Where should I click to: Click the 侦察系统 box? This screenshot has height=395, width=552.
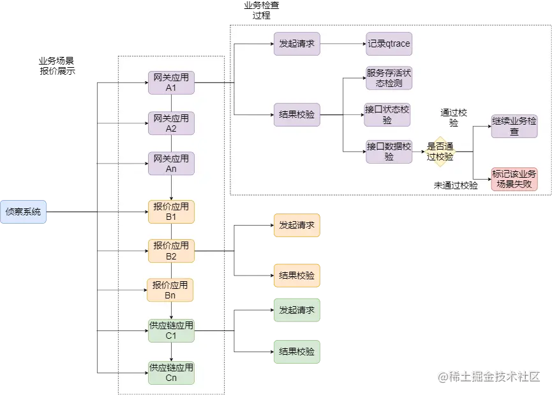[24, 212]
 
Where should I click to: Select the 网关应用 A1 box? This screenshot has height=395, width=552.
[171, 82]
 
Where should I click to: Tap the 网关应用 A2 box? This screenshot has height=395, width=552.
[171, 123]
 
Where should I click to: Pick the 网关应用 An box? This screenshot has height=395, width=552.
[171, 164]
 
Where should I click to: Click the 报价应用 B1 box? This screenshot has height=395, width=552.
[171, 212]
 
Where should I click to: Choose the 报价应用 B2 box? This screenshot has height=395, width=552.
[171, 251]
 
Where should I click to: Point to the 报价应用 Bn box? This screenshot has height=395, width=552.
[171, 290]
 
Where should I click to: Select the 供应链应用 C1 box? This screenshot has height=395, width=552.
[171, 330]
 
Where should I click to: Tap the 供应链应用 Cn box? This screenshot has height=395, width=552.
[171, 373]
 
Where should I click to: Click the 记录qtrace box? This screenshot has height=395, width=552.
[389, 44]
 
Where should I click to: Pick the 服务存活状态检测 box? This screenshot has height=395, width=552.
[389, 79]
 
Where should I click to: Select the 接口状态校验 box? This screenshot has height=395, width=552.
[387, 114]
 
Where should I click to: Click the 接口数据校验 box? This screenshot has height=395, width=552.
[389, 151]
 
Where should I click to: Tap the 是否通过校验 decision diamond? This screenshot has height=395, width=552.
[440, 151]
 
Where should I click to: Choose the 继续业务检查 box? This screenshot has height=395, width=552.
[514, 126]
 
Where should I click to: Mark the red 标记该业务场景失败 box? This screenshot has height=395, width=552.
[514, 179]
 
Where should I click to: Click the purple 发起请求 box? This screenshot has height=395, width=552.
[297, 44]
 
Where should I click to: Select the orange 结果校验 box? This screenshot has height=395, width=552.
[297, 275]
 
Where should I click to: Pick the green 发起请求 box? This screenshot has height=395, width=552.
[297, 310]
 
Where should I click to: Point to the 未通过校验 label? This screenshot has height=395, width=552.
[456, 185]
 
